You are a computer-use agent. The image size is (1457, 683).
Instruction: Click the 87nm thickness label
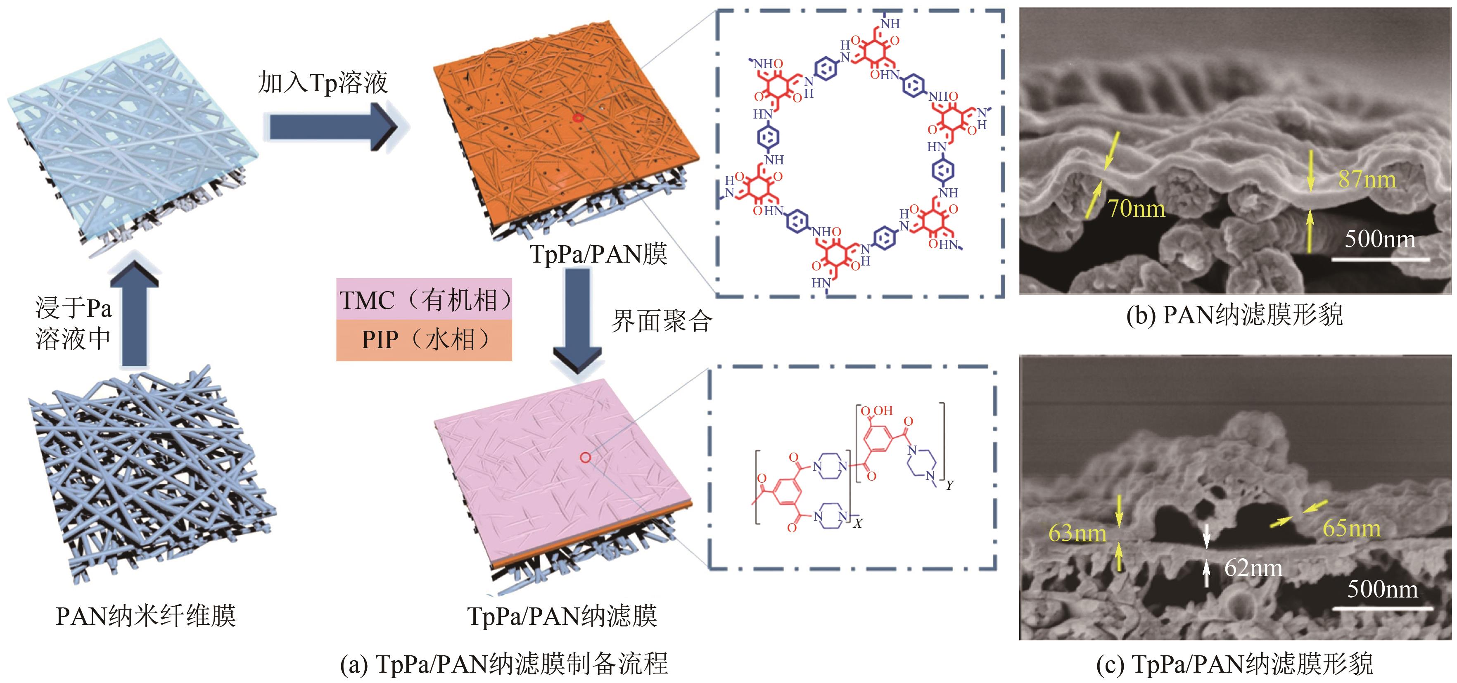click(1367, 180)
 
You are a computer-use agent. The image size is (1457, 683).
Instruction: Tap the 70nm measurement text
click(1136, 209)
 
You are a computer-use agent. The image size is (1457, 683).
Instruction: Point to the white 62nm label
click(1253, 568)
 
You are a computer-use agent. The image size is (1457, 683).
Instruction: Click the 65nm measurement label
click(1351, 528)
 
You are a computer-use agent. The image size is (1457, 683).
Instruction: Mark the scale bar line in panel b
click(1380, 259)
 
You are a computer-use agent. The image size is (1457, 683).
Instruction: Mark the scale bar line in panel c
click(1382, 608)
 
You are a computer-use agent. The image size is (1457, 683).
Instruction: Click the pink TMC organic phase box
click(424, 300)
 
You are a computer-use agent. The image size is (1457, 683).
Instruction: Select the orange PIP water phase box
click(424, 340)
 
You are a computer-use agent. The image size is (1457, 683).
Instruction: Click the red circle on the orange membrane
click(577, 118)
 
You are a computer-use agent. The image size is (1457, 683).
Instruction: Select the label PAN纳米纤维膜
click(145, 616)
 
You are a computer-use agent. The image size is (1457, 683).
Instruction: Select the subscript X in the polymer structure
click(858, 523)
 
